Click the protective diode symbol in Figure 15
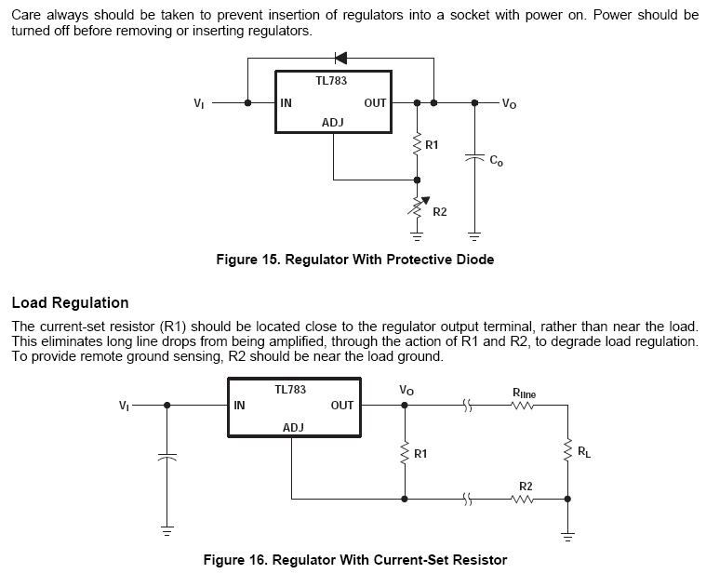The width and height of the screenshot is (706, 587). click(x=340, y=58)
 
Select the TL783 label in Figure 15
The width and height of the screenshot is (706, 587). click(x=331, y=81)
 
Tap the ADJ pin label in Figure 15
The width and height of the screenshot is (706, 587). click(x=333, y=123)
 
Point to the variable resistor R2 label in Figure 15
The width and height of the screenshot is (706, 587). click(x=440, y=212)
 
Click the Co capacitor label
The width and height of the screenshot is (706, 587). click(x=497, y=160)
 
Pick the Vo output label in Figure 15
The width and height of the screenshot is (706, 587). click(x=509, y=103)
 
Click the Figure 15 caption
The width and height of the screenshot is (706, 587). click(x=354, y=260)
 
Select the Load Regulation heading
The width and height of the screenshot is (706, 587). click(x=70, y=302)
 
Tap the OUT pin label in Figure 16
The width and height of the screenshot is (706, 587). click(x=342, y=406)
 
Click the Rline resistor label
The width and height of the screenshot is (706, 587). click(x=524, y=394)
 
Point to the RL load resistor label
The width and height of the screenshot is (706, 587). click(x=583, y=452)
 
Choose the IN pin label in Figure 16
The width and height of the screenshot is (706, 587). click(x=240, y=406)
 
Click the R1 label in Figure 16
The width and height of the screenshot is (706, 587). click(x=420, y=454)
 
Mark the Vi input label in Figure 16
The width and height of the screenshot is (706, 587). click(x=124, y=406)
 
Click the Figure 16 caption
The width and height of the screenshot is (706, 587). click(x=354, y=560)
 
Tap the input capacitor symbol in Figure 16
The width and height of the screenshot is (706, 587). click(x=167, y=458)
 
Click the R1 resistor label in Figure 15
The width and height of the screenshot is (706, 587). click(x=432, y=145)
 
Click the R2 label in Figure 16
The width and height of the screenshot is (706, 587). click(x=526, y=487)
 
